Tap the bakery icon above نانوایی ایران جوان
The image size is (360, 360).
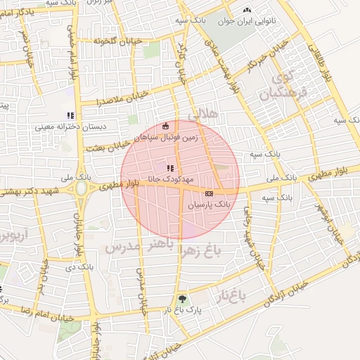click(x=246, y=11)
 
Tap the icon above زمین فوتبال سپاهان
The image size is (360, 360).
click(x=165, y=126)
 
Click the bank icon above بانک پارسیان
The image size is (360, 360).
click(x=209, y=193)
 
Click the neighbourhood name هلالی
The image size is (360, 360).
click(x=205, y=112)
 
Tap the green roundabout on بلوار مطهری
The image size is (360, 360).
click(x=82, y=189)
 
